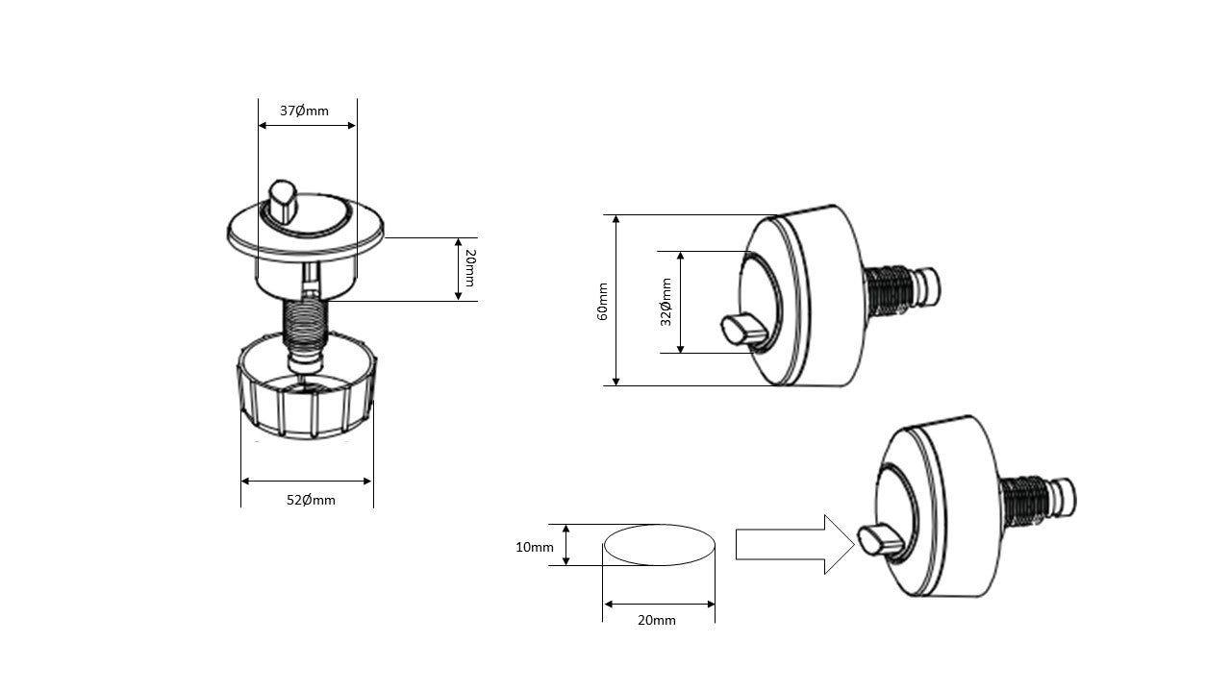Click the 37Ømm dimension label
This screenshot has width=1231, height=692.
click(304, 111)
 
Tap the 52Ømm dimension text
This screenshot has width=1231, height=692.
click(311, 500)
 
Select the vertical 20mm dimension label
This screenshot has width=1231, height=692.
click(469, 269)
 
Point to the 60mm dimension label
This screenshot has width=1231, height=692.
click(603, 301)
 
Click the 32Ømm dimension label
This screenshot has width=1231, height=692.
click(666, 301)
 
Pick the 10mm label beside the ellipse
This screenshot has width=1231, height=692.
click(535, 547)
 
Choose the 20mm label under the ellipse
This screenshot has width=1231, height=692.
click(656, 620)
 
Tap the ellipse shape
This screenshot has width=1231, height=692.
click(660, 545)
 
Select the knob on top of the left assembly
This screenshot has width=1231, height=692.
click(284, 199)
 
